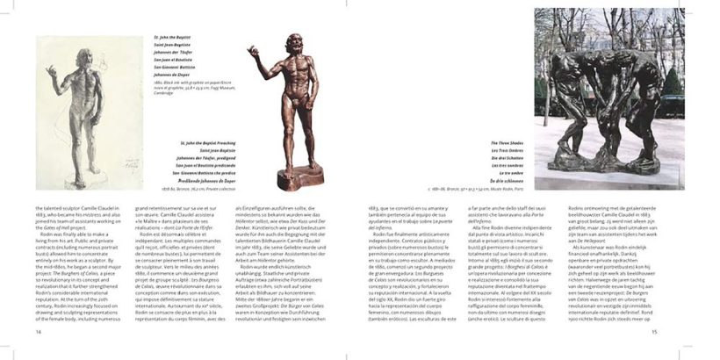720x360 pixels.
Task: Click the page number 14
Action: point(38,332)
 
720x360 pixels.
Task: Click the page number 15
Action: point(680,332)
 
